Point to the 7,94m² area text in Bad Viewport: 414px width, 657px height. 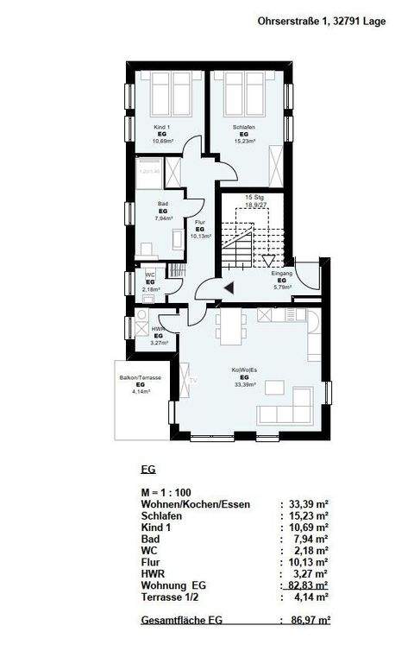163,218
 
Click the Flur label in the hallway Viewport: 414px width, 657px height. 200,222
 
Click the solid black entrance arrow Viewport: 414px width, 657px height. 228,288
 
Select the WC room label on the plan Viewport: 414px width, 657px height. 149,275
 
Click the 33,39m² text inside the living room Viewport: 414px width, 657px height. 245,385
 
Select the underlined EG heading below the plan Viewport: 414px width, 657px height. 147,471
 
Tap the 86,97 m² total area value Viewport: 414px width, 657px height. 312,620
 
